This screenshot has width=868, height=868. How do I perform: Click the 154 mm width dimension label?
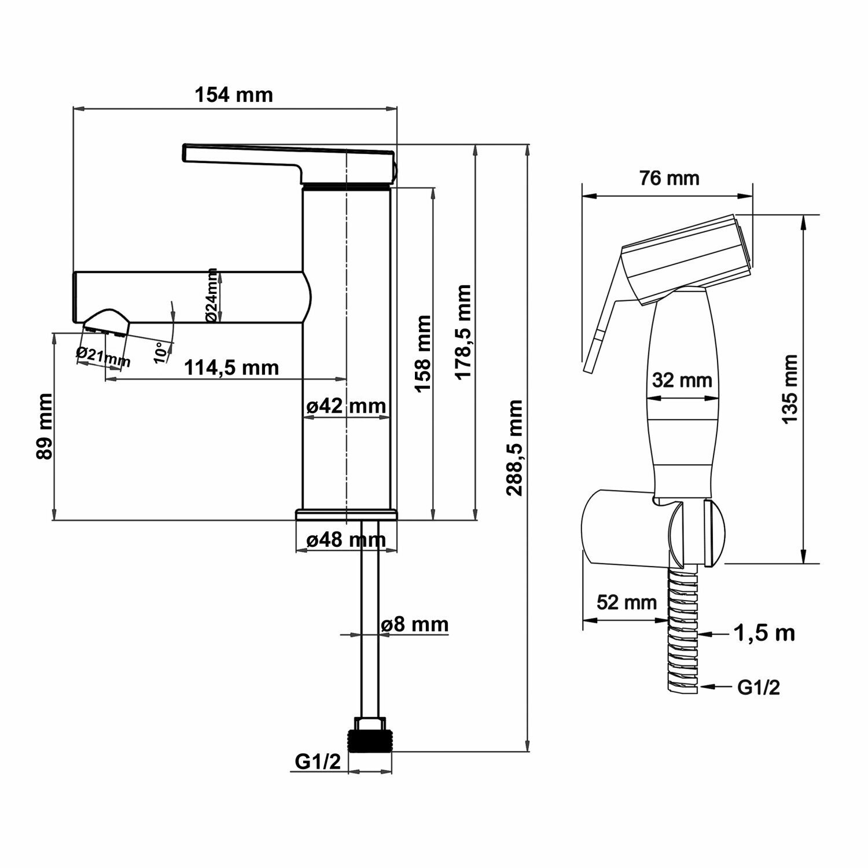233,94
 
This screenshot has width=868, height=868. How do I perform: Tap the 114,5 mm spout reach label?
231,367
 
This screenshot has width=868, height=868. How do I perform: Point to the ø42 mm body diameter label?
345,406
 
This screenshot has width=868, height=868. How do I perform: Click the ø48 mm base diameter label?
345,540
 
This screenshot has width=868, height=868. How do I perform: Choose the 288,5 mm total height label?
514,447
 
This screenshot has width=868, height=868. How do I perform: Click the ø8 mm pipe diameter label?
414,624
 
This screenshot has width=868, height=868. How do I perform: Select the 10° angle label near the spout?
163,351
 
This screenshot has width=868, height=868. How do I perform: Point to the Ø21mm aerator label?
103,357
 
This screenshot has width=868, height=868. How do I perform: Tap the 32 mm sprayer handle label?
682,380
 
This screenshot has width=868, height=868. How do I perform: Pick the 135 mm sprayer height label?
789,389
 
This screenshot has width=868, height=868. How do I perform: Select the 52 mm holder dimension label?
627,602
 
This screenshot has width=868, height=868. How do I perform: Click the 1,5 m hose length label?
764,634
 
